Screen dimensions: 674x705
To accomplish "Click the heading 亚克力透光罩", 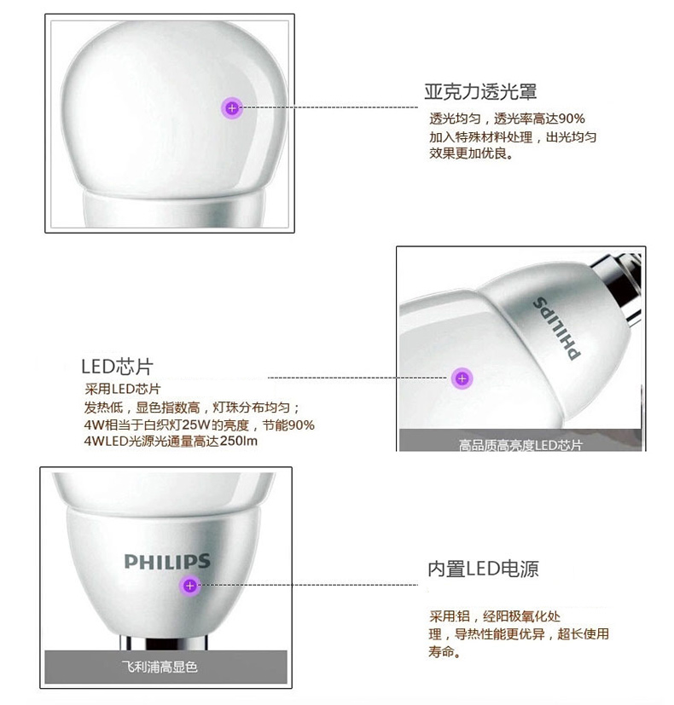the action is [x=480, y=92].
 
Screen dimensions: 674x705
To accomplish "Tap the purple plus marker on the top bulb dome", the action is [x=232, y=108].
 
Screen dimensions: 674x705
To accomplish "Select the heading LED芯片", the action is [x=117, y=367].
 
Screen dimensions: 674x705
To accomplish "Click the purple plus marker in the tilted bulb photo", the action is [x=462, y=379].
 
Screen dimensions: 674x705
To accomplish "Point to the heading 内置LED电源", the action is [x=483, y=569].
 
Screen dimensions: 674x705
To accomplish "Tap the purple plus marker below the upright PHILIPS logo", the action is [x=190, y=586].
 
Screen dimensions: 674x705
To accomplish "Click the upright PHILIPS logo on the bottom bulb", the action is [x=167, y=562].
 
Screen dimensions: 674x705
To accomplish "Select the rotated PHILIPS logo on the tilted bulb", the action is [x=556, y=328].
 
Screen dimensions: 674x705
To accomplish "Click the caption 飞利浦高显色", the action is [x=160, y=667].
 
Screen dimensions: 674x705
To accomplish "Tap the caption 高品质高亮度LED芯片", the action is [x=520, y=445].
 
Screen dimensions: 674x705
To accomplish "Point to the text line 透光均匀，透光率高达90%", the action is [x=507, y=118].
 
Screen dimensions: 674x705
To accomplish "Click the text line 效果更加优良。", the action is [x=471, y=153].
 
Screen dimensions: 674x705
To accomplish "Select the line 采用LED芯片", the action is [x=122, y=389].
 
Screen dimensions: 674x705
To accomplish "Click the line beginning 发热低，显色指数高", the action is [x=192, y=407].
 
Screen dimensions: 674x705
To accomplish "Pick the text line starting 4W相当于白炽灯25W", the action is [x=200, y=425].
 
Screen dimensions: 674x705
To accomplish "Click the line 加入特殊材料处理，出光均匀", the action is [x=513, y=136].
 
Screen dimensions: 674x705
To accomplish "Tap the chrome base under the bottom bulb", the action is [x=166, y=642].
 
